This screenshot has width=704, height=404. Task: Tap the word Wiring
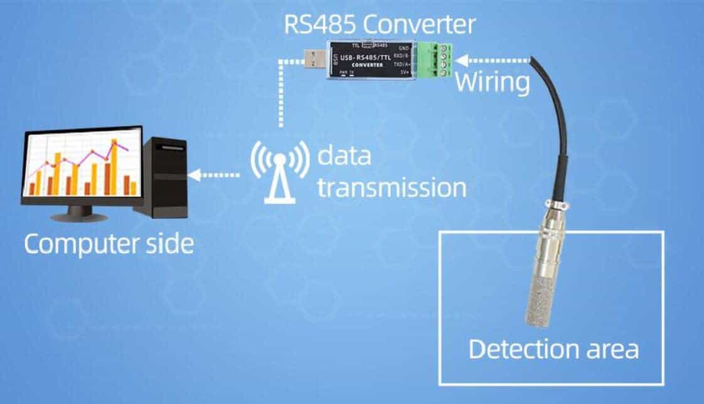click(x=492, y=82)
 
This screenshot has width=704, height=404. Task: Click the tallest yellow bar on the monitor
click(x=115, y=166)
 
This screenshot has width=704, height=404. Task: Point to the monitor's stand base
click(x=78, y=217)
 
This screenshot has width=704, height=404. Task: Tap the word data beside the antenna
click(x=344, y=155)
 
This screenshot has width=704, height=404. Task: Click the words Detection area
click(x=553, y=349)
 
